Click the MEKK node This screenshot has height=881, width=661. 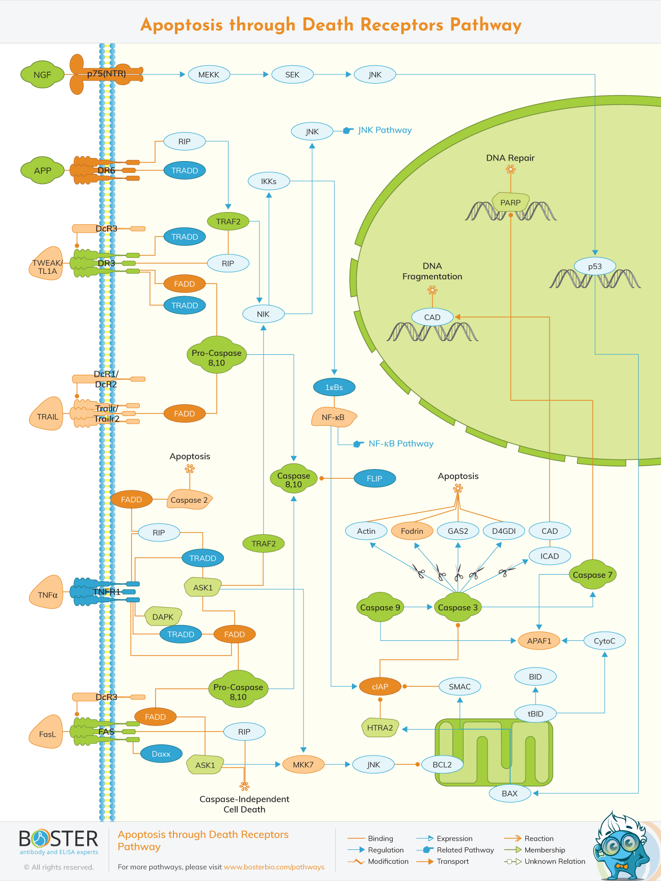tap(209, 74)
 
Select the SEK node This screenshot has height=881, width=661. tap(292, 74)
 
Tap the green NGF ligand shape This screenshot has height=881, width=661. tap(42, 74)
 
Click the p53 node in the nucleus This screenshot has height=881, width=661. tap(595, 266)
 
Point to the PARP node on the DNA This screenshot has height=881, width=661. tap(510, 202)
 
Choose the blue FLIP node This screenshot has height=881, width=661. tap(374, 478)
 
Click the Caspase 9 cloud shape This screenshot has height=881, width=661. tap(380, 607)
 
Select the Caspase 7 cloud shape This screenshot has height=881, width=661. tap(592, 575)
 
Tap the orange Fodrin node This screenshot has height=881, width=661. tap(412, 531)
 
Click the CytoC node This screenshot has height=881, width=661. tap(604, 641)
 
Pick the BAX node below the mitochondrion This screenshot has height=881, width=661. tap(510, 793)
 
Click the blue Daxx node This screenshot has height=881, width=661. tap(161, 754)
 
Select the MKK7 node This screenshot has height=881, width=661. tap(303, 764)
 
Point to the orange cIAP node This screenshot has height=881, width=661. tap(380, 686)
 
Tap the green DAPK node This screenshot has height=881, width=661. tap(163, 617)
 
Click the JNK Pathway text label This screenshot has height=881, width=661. tap(385, 130)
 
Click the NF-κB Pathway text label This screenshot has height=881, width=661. tap(401, 444)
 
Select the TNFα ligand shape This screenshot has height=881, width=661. tap(47, 594)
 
